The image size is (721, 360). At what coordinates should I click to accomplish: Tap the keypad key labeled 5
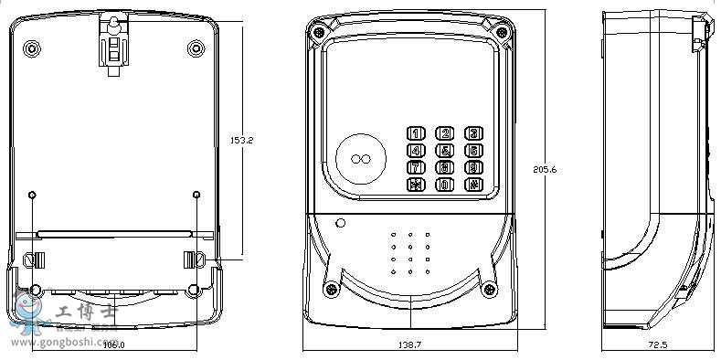point(445,151)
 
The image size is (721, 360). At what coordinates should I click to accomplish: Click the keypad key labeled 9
point(473,167)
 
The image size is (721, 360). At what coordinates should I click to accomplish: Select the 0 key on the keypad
point(445,185)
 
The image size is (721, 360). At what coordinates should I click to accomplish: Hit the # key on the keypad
point(473,185)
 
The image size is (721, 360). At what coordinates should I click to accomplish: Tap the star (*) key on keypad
point(416,185)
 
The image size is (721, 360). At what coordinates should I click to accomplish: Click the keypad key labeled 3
point(473,133)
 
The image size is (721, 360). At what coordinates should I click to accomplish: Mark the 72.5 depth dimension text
point(657,344)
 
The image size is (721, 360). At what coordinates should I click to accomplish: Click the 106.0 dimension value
point(114,344)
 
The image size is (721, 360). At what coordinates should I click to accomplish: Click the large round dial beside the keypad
point(362,159)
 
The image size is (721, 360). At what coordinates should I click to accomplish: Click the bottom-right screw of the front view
point(492,291)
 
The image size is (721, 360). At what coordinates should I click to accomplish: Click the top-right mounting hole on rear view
point(196,47)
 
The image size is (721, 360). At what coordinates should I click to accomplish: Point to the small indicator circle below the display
point(341,222)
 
